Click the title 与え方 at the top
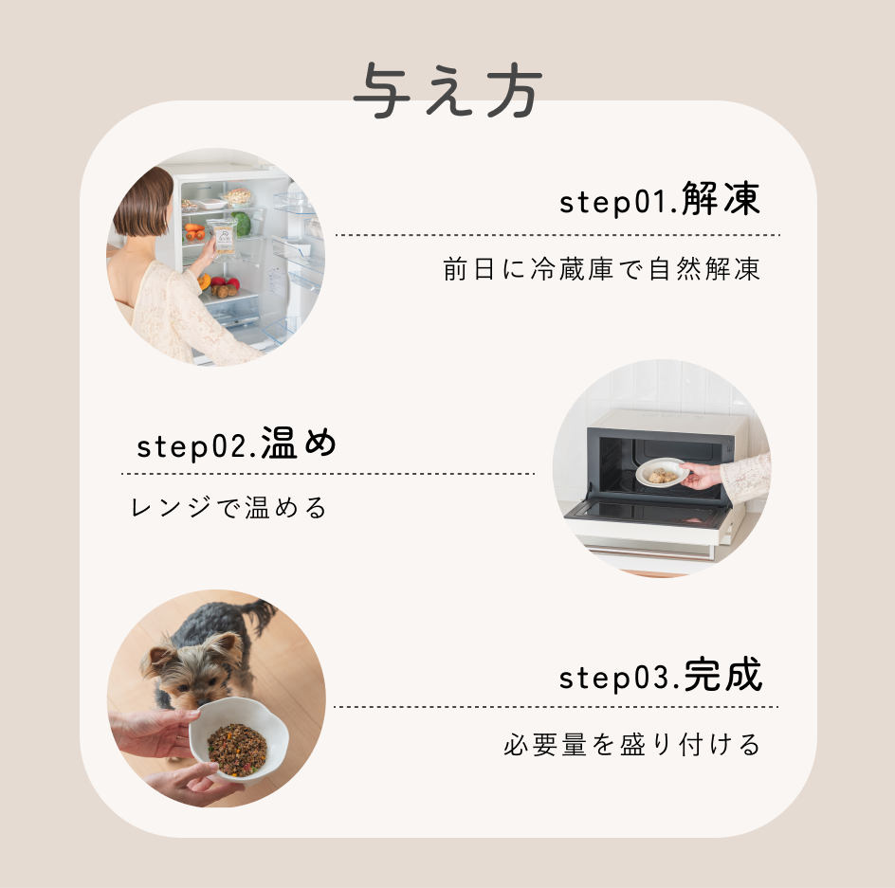447,92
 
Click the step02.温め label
237,444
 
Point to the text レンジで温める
228,508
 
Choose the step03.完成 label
660,677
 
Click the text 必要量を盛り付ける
632,745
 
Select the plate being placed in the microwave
662,473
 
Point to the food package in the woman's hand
222,236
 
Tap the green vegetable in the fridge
243,224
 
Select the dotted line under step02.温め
327,474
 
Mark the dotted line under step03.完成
556,707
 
